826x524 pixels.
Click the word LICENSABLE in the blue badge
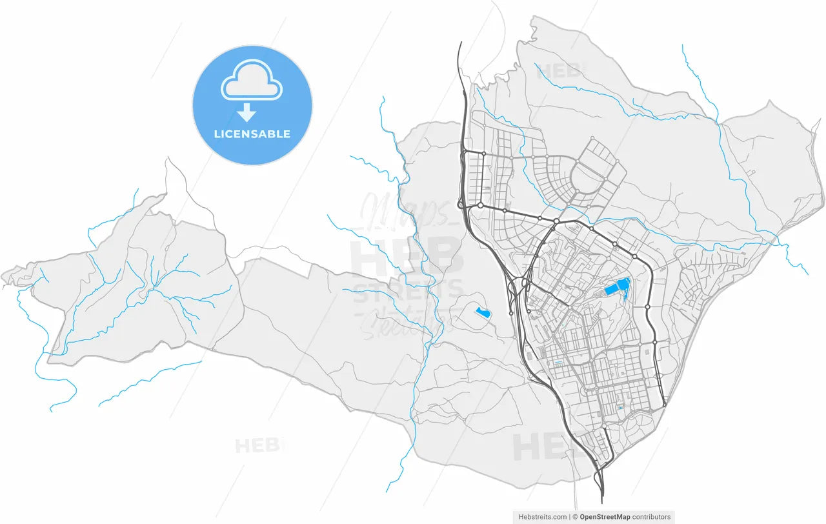252,134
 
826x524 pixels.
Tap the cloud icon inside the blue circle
252,80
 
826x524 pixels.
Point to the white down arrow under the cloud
246,114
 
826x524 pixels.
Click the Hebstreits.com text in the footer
541,517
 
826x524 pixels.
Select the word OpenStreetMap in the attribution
605,517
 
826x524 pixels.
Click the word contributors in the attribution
651,517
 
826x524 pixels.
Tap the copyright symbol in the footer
574,517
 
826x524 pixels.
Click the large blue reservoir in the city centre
618,287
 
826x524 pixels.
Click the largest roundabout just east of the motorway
480,205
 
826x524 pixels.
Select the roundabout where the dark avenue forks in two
556,221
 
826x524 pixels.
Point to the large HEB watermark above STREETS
407,255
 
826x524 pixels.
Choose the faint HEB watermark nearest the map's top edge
560,70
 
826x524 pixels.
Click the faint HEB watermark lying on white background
258,445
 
